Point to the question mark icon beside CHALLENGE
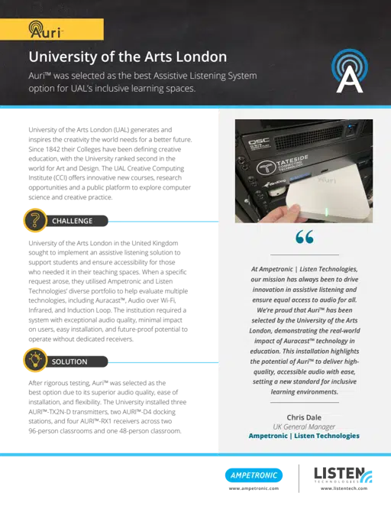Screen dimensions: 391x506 [x=33, y=221]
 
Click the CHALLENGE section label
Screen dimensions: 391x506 [x=72, y=221]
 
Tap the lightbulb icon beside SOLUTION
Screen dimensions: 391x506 [x=33, y=361]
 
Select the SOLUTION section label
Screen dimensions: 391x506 [x=69, y=361]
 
